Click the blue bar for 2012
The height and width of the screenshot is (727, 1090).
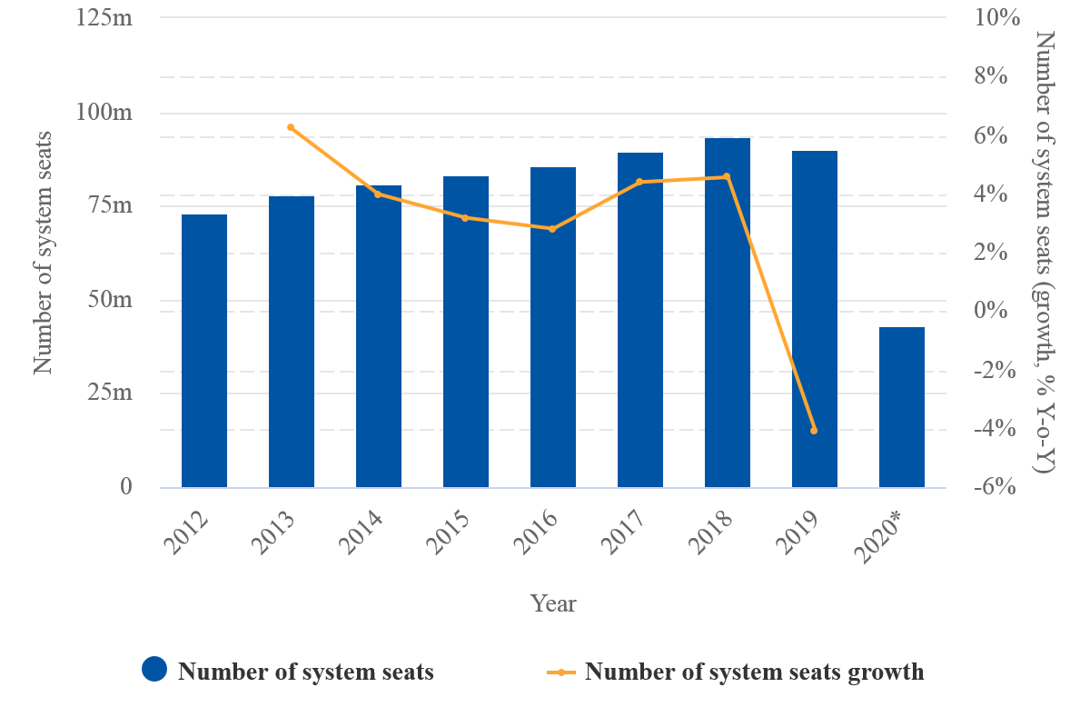pos(204,351)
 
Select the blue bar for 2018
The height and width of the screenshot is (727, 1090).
pos(728,313)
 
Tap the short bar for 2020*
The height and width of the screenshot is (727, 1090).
pos(902,407)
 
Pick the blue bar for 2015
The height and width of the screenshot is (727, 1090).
pos(466,332)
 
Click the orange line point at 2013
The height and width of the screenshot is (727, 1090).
pos(291,127)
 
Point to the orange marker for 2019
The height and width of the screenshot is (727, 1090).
pos(814,430)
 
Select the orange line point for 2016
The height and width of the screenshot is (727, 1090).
pos(552,229)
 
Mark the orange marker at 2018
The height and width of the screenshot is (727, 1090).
pos(727,176)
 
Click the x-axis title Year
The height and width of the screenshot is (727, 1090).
pos(553,603)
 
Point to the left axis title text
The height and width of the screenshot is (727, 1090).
pos(44,253)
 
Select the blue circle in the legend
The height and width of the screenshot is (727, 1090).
pos(154,670)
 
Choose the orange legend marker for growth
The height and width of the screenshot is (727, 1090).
pos(561,672)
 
